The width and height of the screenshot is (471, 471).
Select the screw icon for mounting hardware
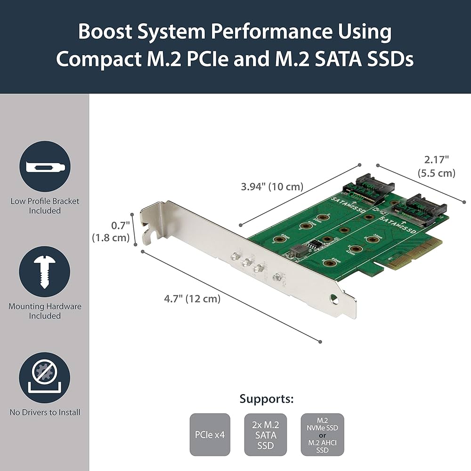45,272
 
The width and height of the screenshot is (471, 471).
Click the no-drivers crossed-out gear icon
45,377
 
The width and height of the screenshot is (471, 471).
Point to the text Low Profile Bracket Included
45,206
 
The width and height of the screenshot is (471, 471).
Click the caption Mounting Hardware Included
45,311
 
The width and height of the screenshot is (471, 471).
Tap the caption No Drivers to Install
45,413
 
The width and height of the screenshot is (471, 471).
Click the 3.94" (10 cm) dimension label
272,187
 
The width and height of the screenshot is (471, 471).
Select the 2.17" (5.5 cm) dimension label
436,167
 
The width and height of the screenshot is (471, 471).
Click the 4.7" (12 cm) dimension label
192,298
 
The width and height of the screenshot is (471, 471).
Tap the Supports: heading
267,399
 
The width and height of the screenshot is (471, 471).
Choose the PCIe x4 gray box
210,435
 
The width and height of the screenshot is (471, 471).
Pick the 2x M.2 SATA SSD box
267,435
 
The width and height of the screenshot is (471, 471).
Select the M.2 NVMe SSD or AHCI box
322,435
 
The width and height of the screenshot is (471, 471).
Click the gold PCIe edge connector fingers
414,254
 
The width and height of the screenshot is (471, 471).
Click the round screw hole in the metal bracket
334,298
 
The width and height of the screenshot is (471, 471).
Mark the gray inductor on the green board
297,252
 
